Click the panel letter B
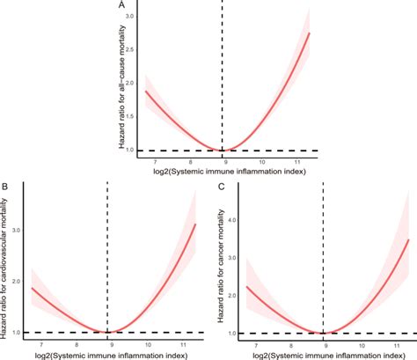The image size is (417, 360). click(5, 186)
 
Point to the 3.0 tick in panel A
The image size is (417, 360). click(130, 18)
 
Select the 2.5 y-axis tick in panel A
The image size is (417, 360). click(130, 51)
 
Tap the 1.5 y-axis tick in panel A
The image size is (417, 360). click(130, 117)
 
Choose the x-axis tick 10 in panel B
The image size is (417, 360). click(147, 345)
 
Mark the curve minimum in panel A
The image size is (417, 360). click(223, 150)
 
